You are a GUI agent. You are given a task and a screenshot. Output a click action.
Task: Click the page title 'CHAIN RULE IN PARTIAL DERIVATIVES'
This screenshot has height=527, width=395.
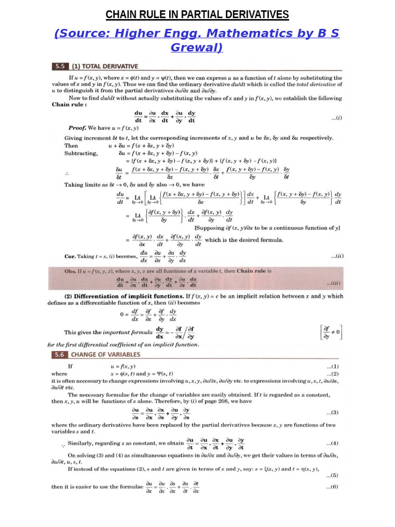[197, 14]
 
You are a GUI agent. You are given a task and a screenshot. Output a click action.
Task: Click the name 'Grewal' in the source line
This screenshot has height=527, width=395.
[197, 48]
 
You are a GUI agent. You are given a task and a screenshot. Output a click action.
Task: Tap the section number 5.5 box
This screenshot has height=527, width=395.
[60, 66]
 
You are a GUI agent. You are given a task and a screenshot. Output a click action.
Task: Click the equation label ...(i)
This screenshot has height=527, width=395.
[336, 117]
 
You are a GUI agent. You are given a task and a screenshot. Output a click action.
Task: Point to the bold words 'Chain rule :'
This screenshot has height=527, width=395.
[69, 104]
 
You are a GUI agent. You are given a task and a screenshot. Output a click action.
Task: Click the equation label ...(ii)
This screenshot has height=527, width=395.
[336, 256]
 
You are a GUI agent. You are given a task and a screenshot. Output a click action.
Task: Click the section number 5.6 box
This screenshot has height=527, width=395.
[60, 355]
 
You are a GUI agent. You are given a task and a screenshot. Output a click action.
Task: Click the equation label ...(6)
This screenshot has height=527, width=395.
[332, 487]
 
